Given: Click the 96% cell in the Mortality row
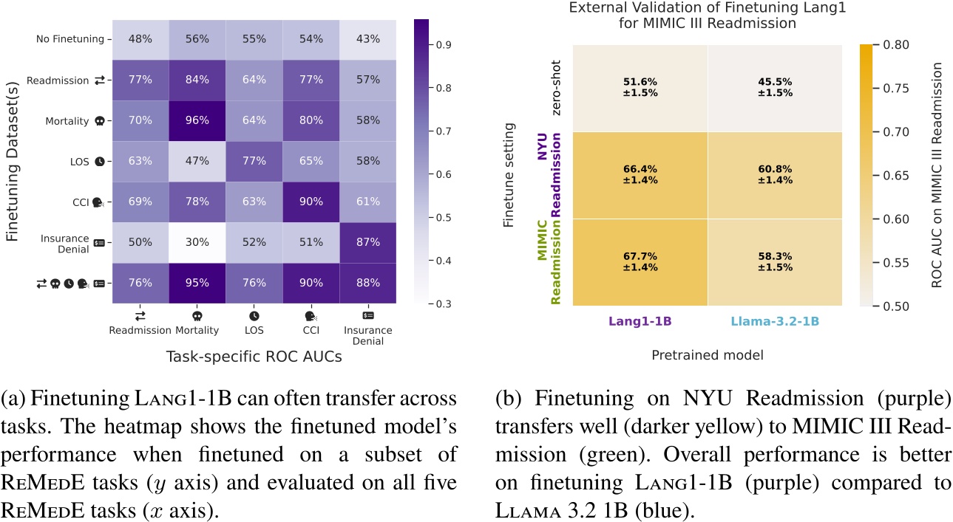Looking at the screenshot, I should tap(194, 120).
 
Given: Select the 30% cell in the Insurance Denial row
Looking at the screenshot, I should tap(194, 242).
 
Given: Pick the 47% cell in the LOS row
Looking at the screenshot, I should tap(194, 161).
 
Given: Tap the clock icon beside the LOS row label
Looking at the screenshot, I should tap(99, 161).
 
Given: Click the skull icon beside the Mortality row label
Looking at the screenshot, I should tap(99, 120).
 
